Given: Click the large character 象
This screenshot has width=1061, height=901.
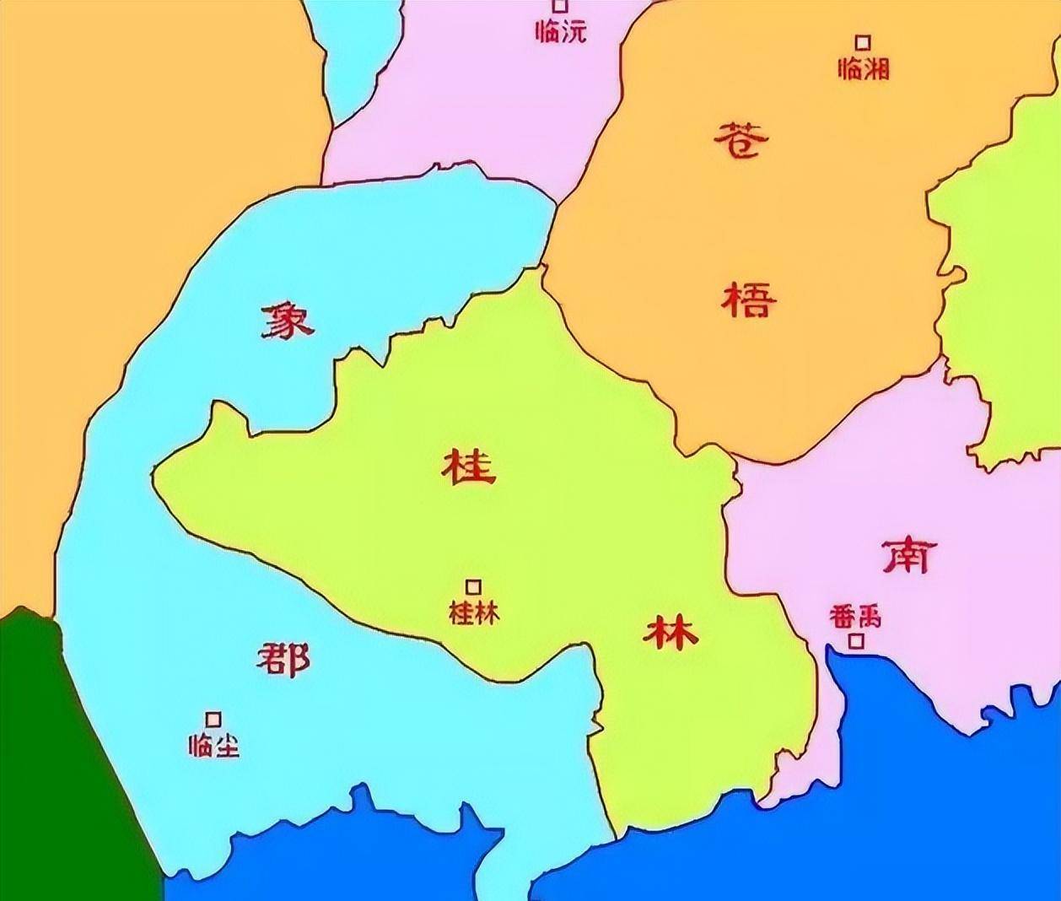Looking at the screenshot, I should point(287,321).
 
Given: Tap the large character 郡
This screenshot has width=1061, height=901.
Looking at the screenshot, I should point(283,659).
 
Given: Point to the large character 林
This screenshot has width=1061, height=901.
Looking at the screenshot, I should point(671,632).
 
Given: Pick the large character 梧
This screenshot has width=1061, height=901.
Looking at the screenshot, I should point(748,299).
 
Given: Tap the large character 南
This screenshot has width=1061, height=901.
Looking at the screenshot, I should point(909,556).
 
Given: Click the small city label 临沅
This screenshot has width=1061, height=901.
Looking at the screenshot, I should point(561,32).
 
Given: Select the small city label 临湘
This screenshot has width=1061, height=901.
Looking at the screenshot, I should point(864,68).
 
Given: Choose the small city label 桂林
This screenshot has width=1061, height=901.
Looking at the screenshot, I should point(474,612).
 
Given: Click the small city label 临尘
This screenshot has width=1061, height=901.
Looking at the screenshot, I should point(214,746).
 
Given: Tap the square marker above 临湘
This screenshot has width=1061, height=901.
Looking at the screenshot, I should point(863,42).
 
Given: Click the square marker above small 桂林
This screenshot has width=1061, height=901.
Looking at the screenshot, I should point(474,586).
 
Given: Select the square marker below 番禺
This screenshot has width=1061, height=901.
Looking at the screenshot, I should point(857,641).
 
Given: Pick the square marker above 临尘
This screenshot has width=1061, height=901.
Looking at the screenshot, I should point(214,719).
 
